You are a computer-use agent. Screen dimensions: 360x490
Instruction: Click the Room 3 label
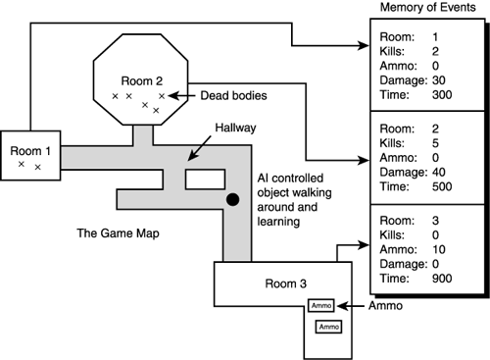pos(285,283)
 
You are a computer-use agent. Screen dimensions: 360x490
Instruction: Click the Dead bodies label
pos(206,96)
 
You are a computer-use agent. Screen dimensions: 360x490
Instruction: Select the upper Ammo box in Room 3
pos(321,306)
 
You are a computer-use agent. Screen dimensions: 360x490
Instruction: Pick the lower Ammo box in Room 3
pos(328,326)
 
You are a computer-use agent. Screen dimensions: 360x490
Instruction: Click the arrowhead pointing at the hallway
pos(192,152)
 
